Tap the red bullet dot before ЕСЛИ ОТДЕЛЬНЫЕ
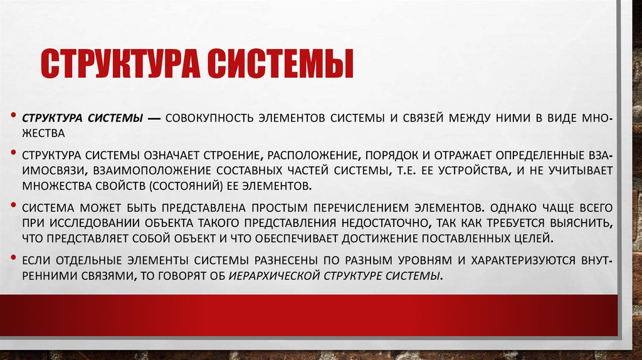coord(14,258)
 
